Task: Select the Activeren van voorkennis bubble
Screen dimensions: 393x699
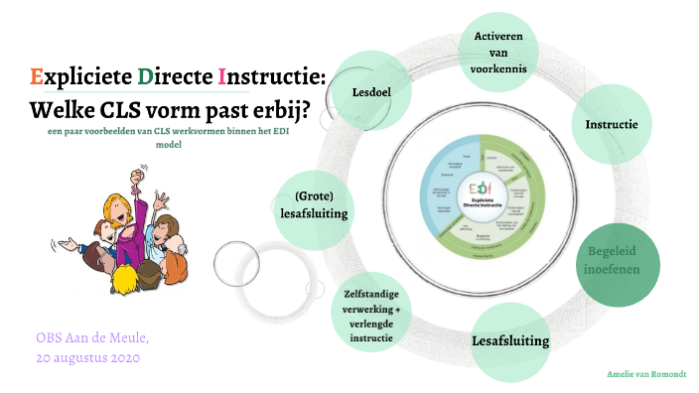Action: pos(505,52)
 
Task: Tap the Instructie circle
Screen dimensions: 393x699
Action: pos(612,124)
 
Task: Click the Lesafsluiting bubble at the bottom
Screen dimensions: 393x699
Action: pos(509,340)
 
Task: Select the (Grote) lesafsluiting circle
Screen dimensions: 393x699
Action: pos(314,203)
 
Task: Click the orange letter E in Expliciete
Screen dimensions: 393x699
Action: pos(37,75)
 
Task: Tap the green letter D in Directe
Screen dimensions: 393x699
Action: pos(146,75)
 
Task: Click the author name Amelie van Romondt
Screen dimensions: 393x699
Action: pos(646,374)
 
